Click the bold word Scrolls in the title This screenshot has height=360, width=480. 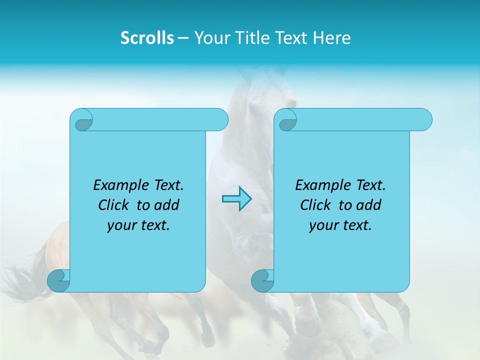147,38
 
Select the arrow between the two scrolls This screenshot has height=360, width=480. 236,198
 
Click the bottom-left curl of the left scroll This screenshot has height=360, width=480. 58,280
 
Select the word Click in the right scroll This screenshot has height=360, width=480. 315,205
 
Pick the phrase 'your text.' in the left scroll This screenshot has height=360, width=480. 138,225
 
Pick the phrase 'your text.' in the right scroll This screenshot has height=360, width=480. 340,225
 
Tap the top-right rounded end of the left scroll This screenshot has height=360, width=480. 219,119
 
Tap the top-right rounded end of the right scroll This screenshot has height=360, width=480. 423,119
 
